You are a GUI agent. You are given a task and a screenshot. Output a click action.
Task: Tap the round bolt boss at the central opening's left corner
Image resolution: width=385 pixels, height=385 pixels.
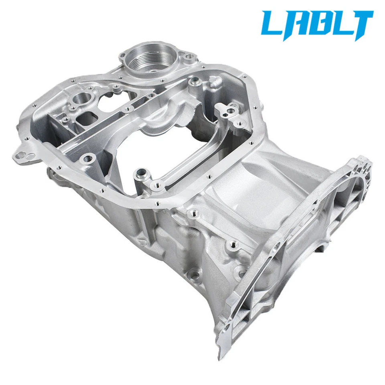[89, 160]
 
